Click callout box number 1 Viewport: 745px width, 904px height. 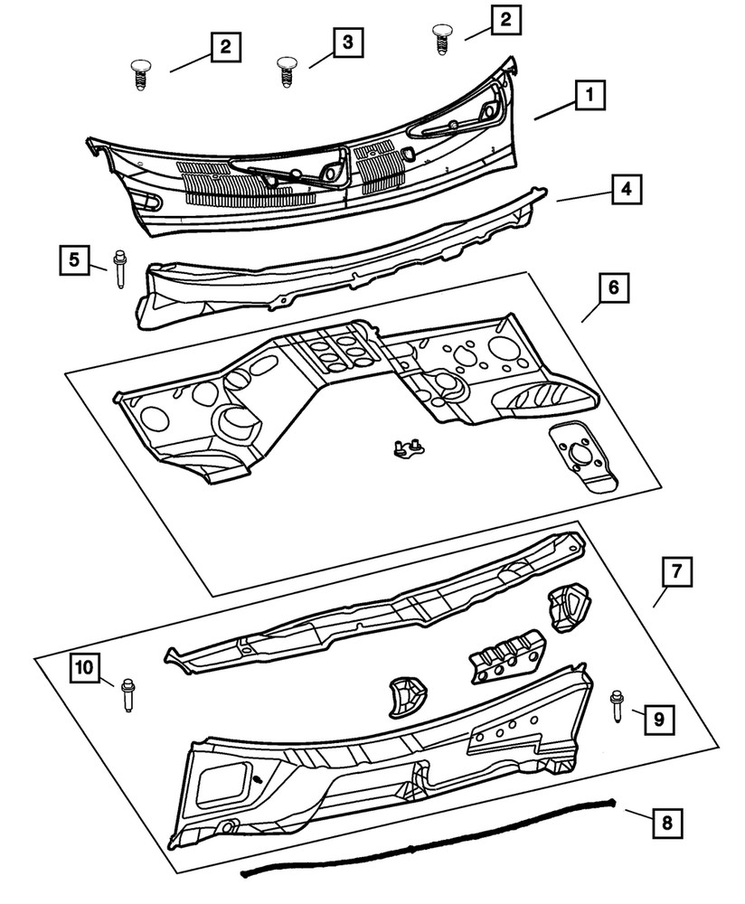pos(589,94)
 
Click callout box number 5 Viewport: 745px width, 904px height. pos(73,259)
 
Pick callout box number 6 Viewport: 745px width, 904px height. pos(613,289)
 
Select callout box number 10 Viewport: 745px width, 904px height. pos(83,668)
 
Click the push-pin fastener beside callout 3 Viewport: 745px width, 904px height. pos(287,71)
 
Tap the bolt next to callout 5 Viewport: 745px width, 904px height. pos(119,270)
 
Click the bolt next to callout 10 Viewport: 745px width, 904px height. pos(127,693)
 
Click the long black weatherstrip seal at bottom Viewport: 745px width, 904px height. pos(425,845)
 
